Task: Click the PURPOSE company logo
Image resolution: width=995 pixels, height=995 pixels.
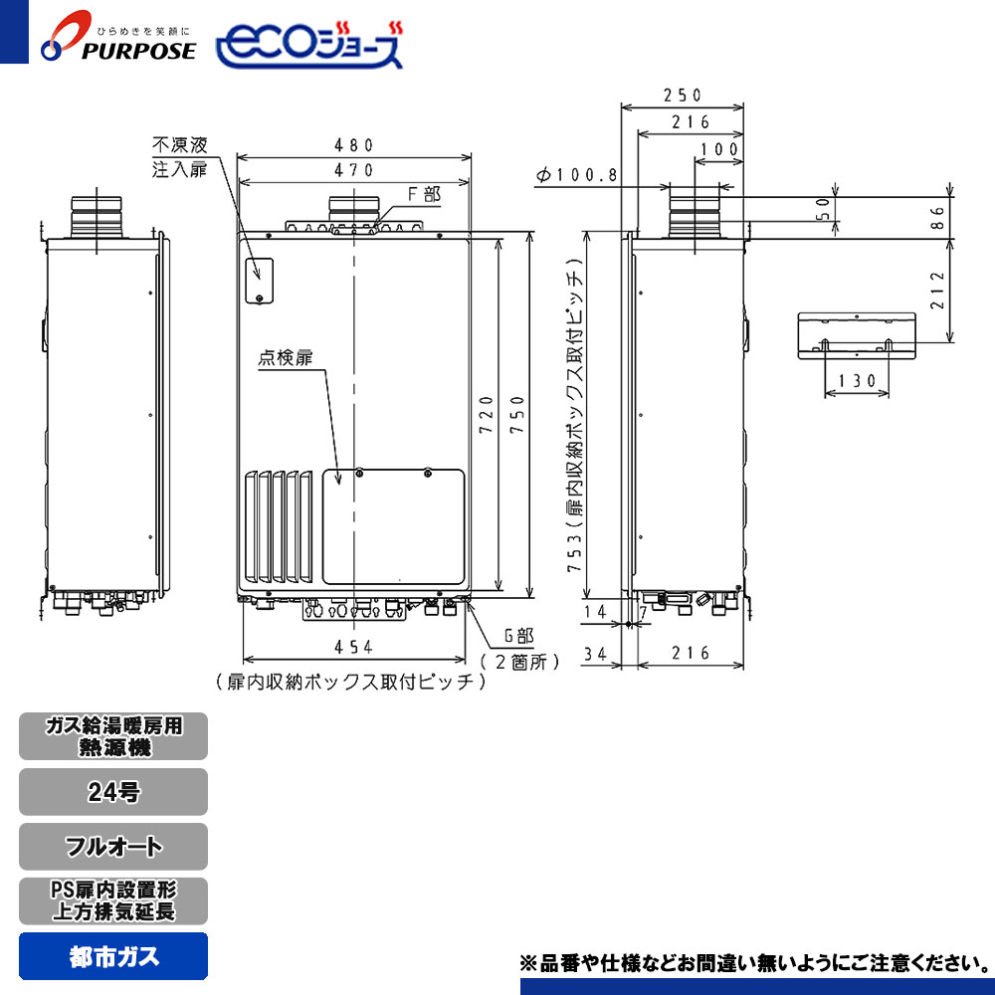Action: point(117,41)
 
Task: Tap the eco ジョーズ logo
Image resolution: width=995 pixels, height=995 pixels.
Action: point(309,44)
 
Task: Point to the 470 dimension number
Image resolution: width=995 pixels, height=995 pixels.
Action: point(353,170)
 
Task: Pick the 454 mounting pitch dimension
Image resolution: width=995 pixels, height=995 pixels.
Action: point(353,647)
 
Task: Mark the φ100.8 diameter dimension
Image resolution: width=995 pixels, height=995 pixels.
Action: point(577,175)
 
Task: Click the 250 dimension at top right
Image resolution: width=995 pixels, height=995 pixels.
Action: point(683,96)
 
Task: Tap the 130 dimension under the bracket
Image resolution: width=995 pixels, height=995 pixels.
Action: point(856,380)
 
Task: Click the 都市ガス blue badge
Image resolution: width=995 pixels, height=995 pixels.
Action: point(113,957)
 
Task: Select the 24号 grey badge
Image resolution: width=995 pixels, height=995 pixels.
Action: point(113,793)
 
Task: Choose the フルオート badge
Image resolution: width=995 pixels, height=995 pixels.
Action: point(113,848)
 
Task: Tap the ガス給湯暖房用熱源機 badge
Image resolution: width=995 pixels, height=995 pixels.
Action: point(113,737)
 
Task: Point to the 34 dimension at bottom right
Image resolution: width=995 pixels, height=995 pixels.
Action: point(597,654)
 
